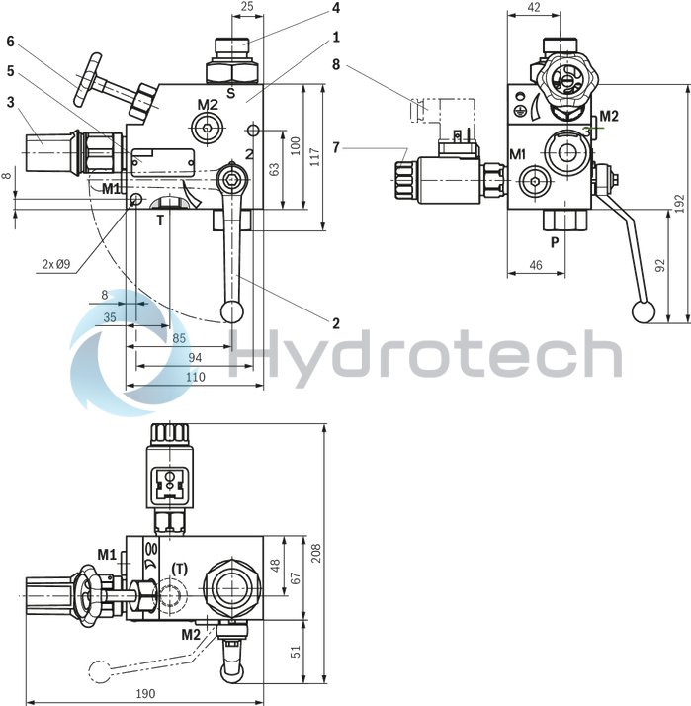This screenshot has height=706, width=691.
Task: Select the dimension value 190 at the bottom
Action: coord(146,693)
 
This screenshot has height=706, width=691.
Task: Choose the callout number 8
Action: coord(336,65)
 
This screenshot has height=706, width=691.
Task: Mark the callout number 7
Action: coord(336,147)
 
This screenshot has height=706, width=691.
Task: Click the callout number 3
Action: coord(10,102)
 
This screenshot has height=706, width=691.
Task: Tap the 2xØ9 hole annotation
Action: coord(54,264)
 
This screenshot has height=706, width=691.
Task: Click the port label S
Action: coord(229,94)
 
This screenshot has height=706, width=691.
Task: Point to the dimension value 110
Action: coord(195,377)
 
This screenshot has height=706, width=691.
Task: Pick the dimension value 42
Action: coord(533,7)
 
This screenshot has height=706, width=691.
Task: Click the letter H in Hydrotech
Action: coord(259,353)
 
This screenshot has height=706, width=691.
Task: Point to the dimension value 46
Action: coord(534,265)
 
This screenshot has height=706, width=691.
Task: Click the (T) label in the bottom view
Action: coord(180,568)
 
